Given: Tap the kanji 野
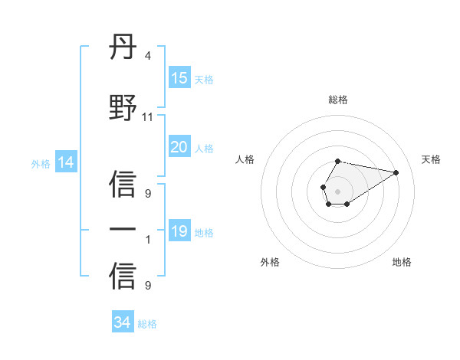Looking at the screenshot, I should [123, 107].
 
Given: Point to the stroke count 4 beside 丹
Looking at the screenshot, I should [147, 56].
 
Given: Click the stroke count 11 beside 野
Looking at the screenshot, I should [148, 117].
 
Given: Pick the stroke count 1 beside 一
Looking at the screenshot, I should [147, 240].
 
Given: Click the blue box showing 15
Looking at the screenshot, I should [179, 78].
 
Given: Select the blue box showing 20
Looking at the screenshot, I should [179, 147].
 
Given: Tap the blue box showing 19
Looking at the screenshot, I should [179, 231].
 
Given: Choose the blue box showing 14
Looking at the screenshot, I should [65, 162].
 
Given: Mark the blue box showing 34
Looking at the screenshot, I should [122, 322].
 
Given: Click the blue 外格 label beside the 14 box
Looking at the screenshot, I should [41, 163].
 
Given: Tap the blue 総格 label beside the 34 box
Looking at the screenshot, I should [147, 324].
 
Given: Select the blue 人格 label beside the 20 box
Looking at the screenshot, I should [204, 149].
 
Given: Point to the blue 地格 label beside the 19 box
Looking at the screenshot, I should [204, 233].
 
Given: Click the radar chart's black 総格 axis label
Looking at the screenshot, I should [337, 100].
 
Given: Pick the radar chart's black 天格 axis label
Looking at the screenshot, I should [431, 159].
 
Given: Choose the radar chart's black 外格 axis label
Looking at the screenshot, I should [270, 262].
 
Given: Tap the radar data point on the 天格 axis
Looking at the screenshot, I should [396, 171].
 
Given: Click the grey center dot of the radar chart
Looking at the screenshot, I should [337, 190].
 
